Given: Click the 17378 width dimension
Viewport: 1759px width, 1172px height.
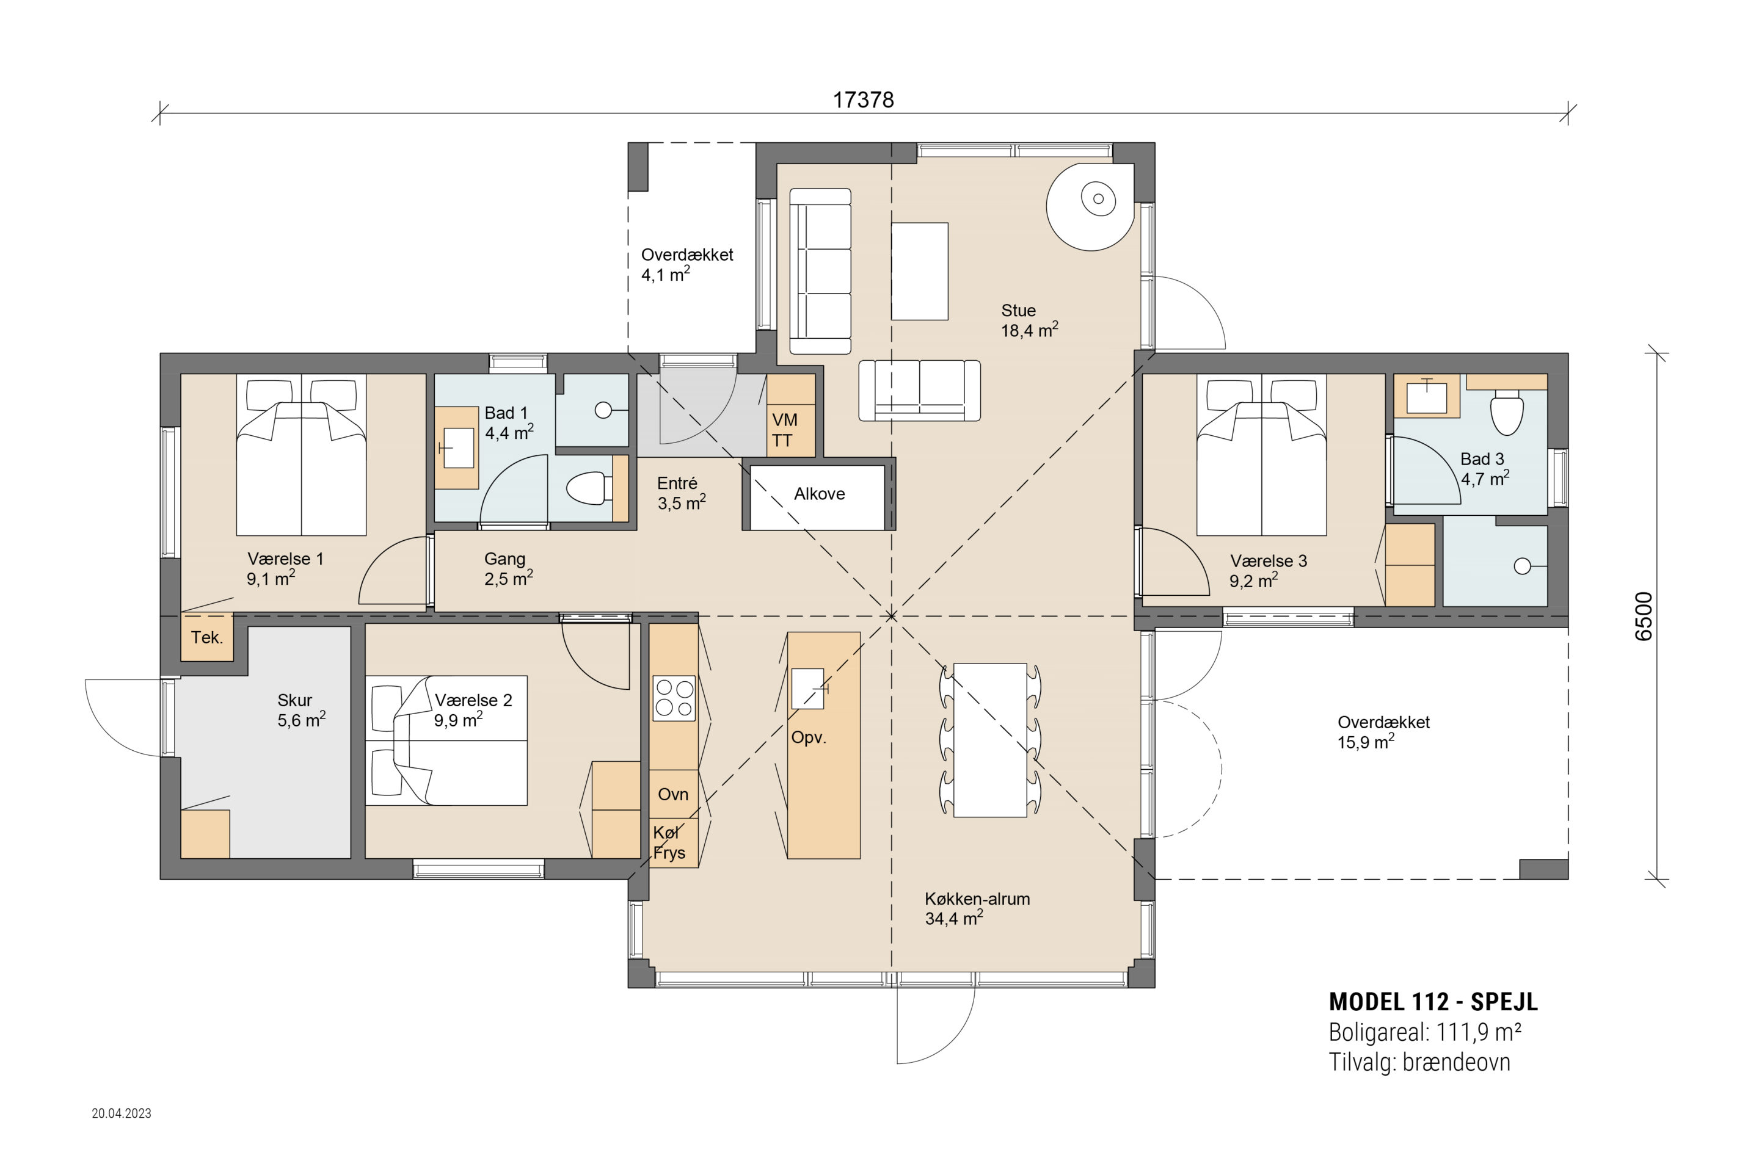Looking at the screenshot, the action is click(x=863, y=99).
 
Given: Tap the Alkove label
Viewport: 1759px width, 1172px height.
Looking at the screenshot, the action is click(x=820, y=493).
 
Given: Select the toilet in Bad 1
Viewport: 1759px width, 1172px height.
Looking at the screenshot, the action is click(x=589, y=488).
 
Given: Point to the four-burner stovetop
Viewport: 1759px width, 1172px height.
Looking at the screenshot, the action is click(x=674, y=698).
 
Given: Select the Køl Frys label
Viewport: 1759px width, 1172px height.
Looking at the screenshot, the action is click(x=669, y=842).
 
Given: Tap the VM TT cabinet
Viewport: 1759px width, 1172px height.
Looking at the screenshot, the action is click(x=790, y=415).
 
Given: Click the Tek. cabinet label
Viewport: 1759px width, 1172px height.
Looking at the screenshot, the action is click(x=206, y=637).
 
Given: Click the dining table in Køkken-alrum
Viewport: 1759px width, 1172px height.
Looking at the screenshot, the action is click(x=990, y=740).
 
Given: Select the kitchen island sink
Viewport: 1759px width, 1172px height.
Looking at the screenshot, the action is click(x=807, y=689).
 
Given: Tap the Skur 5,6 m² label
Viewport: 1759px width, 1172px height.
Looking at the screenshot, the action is click(x=301, y=710).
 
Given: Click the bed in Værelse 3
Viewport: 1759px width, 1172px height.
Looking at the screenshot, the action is click(x=1262, y=454).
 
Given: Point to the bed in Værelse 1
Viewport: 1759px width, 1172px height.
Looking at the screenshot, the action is click(x=301, y=454).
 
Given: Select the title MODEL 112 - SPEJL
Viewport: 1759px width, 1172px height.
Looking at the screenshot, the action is click(x=1433, y=1002).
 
